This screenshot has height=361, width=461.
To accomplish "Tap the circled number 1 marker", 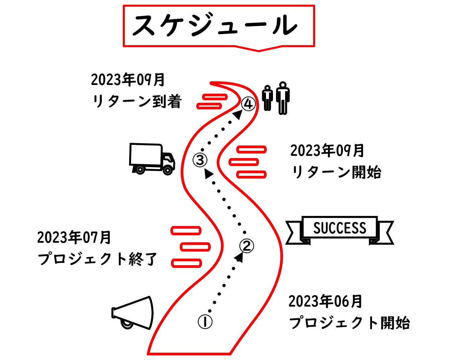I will click(x=205, y=322).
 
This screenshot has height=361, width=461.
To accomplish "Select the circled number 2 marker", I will click(x=247, y=246).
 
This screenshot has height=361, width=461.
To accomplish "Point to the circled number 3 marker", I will click(x=200, y=160).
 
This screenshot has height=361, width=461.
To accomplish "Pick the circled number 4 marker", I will click(x=248, y=104).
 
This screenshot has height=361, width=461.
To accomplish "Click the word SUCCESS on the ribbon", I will click(x=340, y=228).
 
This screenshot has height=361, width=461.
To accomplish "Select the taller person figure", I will click(x=283, y=98).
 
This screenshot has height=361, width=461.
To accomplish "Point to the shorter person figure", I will click(x=267, y=98).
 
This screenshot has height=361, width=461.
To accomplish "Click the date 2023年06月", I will click(x=325, y=301).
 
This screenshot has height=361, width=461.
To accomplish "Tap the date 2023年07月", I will click(x=74, y=237).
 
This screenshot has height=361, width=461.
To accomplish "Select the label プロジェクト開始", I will click(x=349, y=323).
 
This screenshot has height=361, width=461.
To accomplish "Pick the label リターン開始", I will click(x=336, y=172).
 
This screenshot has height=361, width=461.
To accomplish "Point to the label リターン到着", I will click(x=137, y=101).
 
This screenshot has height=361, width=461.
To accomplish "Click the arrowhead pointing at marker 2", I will click(x=239, y=257).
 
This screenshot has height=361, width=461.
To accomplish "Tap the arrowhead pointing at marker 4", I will click(x=238, y=114).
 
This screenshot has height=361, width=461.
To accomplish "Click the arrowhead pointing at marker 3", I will click(x=209, y=173).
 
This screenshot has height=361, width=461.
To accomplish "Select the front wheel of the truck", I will click(x=168, y=170).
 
